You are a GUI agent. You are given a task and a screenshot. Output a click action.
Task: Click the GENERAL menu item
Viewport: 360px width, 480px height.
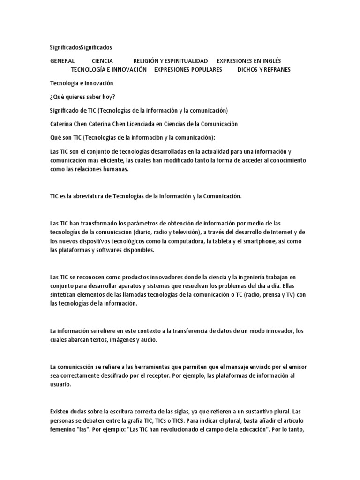(x=62, y=61)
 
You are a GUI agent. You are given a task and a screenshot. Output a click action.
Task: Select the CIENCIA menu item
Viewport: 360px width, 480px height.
(x=102, y=61)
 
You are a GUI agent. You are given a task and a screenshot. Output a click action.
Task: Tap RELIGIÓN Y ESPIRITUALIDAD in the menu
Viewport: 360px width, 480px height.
(x=170, y=61)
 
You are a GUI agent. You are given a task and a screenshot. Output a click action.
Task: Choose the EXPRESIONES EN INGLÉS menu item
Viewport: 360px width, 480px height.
(x=248, y=61)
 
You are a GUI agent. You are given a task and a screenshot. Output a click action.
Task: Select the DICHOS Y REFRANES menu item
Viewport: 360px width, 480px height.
(x=264, y=70)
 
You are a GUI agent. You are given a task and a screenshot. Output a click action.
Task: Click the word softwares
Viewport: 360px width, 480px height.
(x=109, y=250)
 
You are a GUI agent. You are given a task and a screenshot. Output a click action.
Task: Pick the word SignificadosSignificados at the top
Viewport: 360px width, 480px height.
(x=81, y=47)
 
